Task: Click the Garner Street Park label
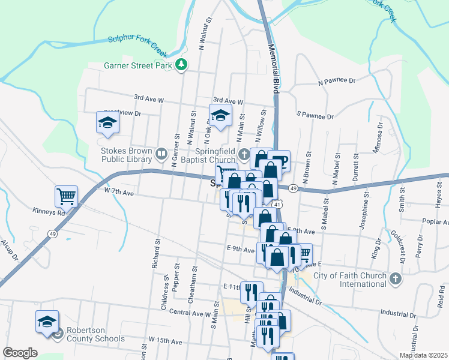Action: coord(136,65)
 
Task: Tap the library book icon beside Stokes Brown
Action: coord(161,155)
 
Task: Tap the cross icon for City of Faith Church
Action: coord(395,278)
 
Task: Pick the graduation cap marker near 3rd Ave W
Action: coord(220,115)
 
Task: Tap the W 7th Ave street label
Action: coord(118,192)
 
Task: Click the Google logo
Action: coord(20,353)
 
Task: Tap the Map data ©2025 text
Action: coord(423,355)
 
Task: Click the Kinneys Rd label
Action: coord(49,212)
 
